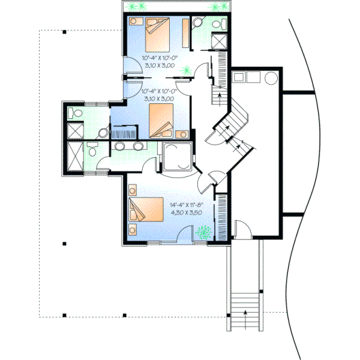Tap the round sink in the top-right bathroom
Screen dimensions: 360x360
[197, 22]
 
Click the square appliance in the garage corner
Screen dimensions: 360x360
[238, 77]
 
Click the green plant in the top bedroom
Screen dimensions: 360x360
[187, 70]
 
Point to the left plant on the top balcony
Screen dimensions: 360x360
[140, 7]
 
